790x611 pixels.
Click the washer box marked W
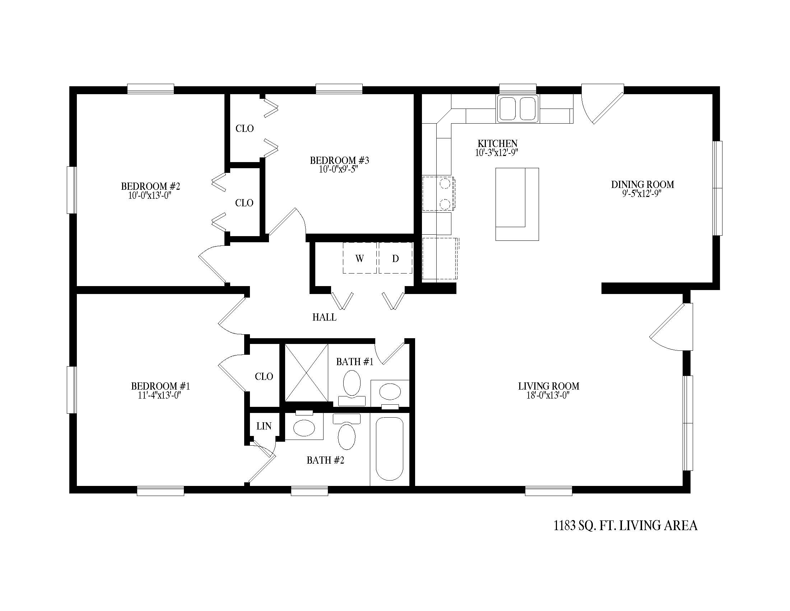[359, 258]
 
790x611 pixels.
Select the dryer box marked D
[395, 258]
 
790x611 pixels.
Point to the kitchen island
[517, 204]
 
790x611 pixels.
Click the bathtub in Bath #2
[389, 449]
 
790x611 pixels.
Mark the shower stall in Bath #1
[306, 372]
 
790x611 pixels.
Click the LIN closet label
[264, 426]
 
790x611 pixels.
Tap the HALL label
[325, 317]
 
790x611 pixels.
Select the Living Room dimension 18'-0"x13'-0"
[548, 395]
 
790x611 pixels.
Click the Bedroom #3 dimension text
[339, 169]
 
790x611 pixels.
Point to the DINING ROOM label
[642, 184]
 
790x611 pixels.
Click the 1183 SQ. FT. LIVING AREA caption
[626, 525]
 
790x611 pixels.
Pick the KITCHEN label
[497, 143]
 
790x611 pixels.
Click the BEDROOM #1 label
[160, 386]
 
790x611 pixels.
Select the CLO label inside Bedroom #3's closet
[245, 129]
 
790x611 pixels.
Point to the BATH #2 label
[326, 460]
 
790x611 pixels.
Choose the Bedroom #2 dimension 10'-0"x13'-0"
[149, 196]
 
